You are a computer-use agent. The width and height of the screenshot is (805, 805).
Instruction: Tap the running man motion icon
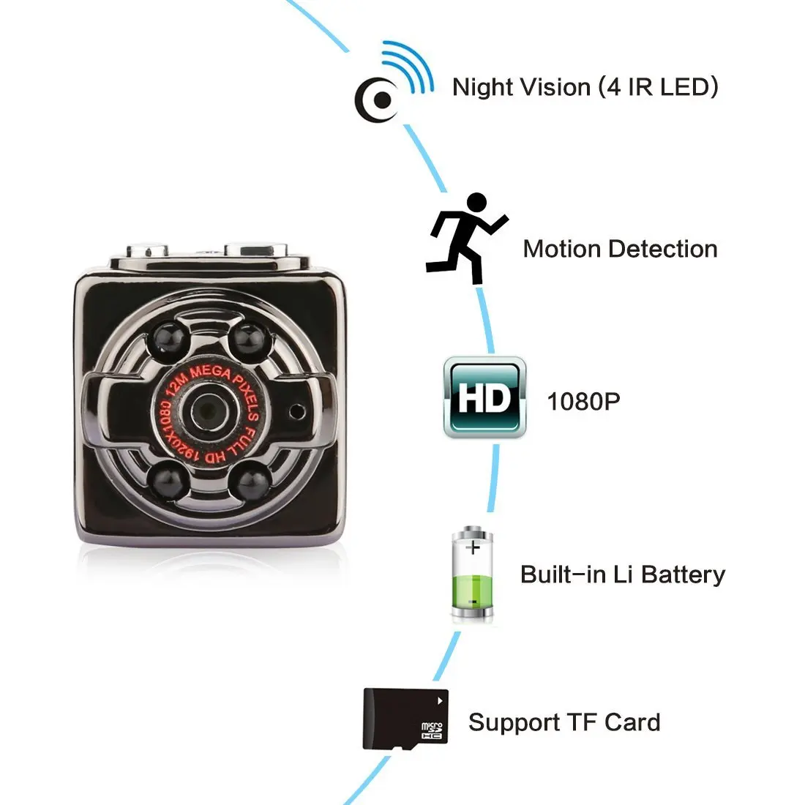click(x=468, y=239)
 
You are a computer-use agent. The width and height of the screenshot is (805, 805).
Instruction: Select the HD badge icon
click(x=484, y=397)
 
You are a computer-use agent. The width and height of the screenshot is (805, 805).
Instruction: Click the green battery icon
click(x=472, y=574)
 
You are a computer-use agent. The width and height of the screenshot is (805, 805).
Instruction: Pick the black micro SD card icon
click(x=405, y=719)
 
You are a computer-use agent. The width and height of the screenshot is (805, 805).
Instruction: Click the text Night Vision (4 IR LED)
click(x=585, y=87)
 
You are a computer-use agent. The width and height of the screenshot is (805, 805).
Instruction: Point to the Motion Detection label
click(x=620, y=249)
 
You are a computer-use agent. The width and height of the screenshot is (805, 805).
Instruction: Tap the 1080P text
click(x=583, y=401)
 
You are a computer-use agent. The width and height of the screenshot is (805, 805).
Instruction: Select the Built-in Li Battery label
click(x=622, y=574)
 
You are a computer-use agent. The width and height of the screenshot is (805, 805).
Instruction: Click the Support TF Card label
click(x=564, y=722)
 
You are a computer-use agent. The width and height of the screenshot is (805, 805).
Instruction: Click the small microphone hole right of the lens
click(x=296, y=411)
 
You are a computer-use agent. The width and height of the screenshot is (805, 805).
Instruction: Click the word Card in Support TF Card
click(x=632, y=722)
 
